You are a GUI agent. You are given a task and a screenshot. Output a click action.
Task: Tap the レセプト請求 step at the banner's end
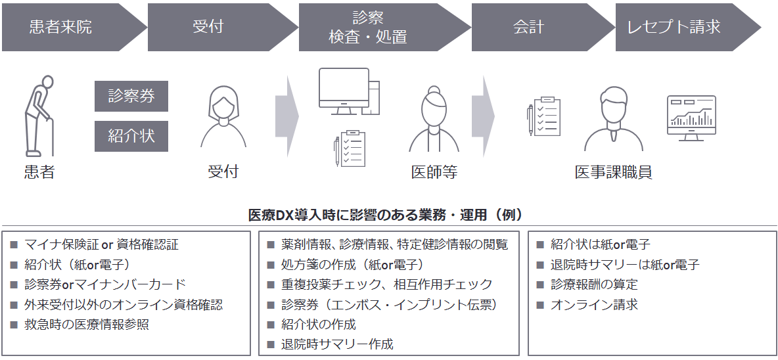(674, 27)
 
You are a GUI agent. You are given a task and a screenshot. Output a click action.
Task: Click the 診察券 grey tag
(131, 96)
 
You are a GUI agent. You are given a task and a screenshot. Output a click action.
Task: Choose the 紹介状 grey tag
(131, 136)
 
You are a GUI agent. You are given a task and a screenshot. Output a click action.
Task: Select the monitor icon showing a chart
(691, 118)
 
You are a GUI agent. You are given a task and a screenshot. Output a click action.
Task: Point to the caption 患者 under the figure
(39, 172)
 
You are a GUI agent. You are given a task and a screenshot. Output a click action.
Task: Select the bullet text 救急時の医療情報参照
(87, 324)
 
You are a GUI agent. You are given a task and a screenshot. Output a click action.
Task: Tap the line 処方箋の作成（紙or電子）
(352, 265)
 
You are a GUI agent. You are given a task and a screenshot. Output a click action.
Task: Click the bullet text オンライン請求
(594, 304)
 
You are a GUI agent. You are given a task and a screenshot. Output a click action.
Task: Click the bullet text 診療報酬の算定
(594, 284)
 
